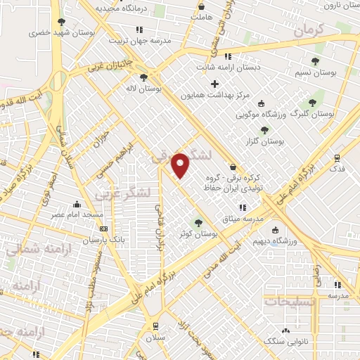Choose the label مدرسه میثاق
pos(243,219)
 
